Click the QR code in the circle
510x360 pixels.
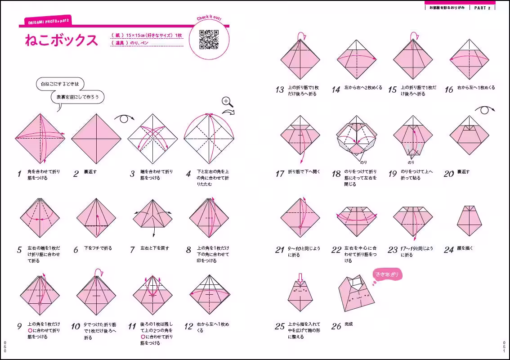(209, 40)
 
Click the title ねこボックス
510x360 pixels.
(61, 40)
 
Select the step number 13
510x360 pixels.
(280, 90)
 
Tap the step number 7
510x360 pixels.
(132, 250)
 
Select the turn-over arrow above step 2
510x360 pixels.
(124, 118)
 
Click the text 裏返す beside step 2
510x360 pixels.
(90, 171)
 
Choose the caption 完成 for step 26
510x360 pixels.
(349, 324)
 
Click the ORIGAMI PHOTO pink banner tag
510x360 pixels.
(47, 22)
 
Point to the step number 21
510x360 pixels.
(280, 250)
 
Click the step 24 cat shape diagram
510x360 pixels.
(469, 220)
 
